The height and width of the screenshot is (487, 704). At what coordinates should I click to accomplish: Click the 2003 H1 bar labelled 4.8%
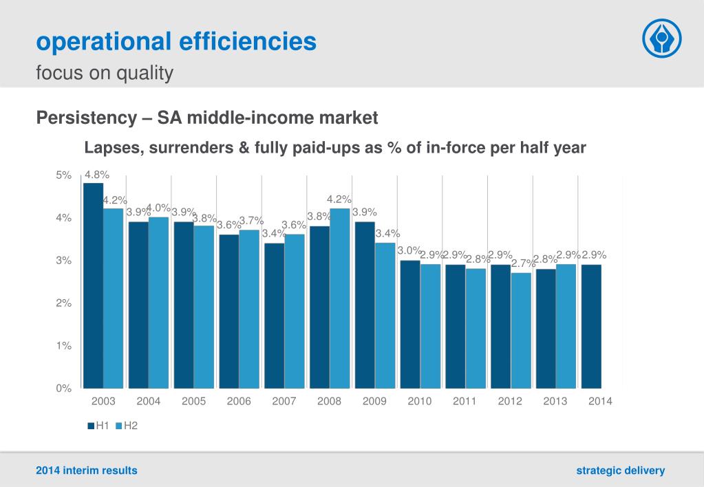click(93, 285)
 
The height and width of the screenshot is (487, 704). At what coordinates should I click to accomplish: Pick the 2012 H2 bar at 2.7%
click(521, 330)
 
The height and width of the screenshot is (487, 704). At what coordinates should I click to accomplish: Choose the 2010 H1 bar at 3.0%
click(410, 323)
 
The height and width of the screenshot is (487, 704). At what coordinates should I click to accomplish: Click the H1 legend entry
click(98, 426)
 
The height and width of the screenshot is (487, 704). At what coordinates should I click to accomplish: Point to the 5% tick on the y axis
click(64, 175)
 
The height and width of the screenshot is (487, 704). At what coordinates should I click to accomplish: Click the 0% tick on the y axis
click(64, 388)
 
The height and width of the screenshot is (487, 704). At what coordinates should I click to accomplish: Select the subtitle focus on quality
click(105, 72)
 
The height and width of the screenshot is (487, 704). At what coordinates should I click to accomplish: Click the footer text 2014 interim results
click(87, 470)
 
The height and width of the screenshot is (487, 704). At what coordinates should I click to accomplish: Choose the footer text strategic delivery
click(621, 470)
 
